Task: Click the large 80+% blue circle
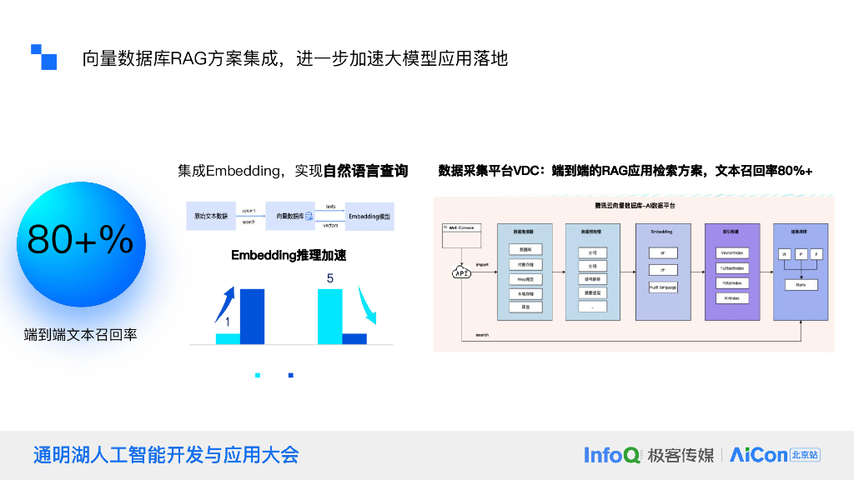(81, 241)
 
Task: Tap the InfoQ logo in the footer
(612, 455)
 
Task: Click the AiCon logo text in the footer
(758, 455)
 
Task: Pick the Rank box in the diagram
(801, 284)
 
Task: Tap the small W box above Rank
(785, 253)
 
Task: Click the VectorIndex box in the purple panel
(731, 252)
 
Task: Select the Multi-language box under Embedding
(663, 287)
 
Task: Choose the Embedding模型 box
(369, 216)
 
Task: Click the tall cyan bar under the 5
(330, 316)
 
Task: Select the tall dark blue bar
(252, 316)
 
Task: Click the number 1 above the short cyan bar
(227, 322)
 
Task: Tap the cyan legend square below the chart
(258, 376)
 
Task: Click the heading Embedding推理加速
(289, 256)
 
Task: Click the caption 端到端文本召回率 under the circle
(81, 335)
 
